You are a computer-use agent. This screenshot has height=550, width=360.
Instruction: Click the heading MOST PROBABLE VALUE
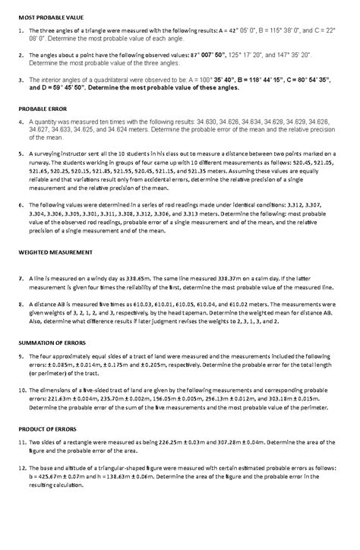click(52, 17)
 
